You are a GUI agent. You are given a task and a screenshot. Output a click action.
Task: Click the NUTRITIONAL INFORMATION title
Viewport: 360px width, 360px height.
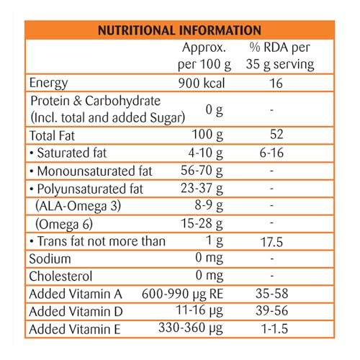click(x=179, y=30)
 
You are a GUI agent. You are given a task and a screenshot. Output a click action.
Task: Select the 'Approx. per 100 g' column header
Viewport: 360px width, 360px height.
click(x=204, y=57)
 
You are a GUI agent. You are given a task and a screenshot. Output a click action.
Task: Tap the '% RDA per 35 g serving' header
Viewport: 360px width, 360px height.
click(x=280, y=57)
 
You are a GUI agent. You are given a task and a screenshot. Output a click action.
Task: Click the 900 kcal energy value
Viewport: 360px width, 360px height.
click(x=202, y=84)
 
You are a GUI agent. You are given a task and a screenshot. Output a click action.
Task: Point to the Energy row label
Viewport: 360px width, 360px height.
click(x=48, y=84)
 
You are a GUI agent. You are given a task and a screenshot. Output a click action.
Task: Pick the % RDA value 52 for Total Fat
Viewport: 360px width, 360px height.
click(x=276, y=134)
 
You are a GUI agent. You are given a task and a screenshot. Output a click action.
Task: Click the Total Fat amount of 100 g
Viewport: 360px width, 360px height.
click(x=207, y=135)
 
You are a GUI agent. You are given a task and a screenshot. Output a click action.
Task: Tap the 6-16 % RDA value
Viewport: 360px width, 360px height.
click(x=271, y=153)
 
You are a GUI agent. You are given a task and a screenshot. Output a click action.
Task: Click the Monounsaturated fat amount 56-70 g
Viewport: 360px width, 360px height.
click(x=202, y=171)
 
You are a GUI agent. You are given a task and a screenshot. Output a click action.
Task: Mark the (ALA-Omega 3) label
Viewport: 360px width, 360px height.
click(x=78, y=206)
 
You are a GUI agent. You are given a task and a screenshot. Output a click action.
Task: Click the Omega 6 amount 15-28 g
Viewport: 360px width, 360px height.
click(x=202, y=224)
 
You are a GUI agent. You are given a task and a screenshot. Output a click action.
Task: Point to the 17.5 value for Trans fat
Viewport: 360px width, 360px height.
click(x=271, y=242)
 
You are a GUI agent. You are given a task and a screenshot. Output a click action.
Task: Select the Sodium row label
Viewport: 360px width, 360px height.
click(x=50, y=259)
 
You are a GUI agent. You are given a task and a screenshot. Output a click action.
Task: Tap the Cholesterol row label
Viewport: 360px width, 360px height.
click(x=60, y=276)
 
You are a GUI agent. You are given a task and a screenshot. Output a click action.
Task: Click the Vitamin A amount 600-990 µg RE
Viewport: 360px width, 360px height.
click(x=182, y=294)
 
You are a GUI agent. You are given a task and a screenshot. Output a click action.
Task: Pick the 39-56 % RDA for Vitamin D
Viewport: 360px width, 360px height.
click(x=271, y=311)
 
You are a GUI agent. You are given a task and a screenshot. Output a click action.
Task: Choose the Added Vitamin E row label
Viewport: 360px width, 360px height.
click(x=75, y=329)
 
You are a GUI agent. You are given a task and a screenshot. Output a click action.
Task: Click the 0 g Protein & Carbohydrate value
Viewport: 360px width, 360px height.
click(x=215, y=110)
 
